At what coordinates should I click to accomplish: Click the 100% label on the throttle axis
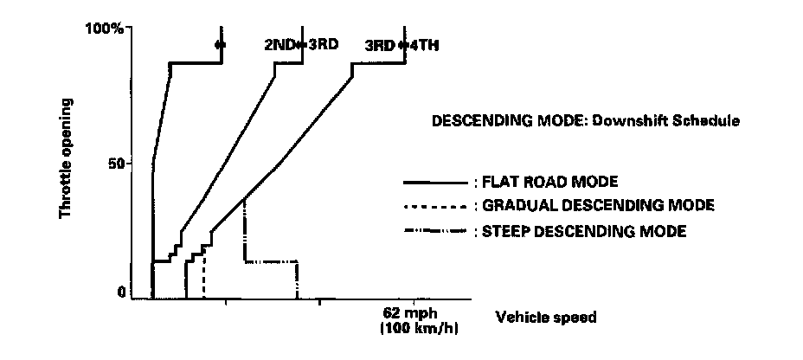(x=106, y=29)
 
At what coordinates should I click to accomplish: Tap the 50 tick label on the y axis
(x=114, y=163)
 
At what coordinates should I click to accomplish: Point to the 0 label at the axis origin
(x=122, y=292)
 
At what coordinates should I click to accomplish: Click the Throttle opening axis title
(x=66, y=157)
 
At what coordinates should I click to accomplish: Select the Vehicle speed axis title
(x=545, y=317)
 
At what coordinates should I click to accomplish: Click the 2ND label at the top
(x=278, y=45)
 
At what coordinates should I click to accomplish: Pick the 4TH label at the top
(x=424, y=45)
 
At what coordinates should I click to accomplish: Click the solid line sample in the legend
(x=435, y=183)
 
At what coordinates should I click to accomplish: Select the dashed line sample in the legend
(x=435, y=207)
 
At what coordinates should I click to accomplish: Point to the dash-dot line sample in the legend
(x=435, y=231)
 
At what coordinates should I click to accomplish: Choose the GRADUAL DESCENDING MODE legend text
(x=598, y=207)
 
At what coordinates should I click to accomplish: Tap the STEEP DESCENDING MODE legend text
(x=584, y=231)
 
